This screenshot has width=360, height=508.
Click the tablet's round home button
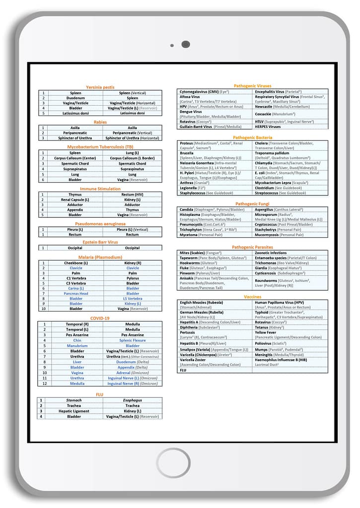(173, 462)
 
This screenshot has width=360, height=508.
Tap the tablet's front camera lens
(186, 45)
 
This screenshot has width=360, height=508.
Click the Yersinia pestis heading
(100, 87)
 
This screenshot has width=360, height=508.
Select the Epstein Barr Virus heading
(100, 242)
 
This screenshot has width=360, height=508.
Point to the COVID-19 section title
(100, 318)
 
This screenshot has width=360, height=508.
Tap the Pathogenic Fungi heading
(253, 204)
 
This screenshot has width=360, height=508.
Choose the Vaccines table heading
(253, 297)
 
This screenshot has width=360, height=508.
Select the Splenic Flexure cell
(133, 340)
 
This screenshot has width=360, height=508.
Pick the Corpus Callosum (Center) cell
(75, 158)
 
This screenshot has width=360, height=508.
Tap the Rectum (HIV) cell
(133, 194)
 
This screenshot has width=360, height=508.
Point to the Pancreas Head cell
(76, 293)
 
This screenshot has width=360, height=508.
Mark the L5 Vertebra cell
(133, 299)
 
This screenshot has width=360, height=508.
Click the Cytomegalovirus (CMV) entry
(199, 92)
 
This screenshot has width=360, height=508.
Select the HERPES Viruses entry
(268, 127)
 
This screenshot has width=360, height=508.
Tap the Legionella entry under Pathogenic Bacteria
(189, 188)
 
